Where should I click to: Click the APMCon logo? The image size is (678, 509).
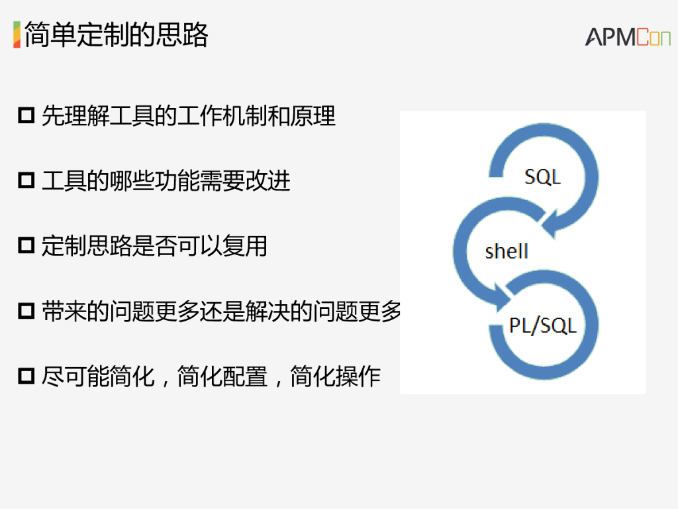point(627,37)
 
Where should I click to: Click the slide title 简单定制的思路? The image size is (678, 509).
point(117,34)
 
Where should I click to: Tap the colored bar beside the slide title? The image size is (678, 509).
point(17,34)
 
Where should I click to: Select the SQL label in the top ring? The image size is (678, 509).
point(542,177)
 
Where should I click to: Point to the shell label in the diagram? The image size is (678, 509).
point(507,252)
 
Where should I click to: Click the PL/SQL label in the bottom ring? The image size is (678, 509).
point(542,325)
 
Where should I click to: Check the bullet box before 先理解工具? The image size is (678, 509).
point(26,116)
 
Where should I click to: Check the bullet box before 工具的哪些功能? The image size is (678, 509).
point(26,181)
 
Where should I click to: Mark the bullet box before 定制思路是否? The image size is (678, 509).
point(26,246)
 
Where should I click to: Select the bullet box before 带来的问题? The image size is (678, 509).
point(26,311)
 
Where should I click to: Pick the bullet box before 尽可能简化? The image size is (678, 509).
point(26,376)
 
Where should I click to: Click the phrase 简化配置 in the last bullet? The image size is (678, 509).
point(222,376)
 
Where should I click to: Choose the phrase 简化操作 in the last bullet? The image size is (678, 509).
point(336,376)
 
